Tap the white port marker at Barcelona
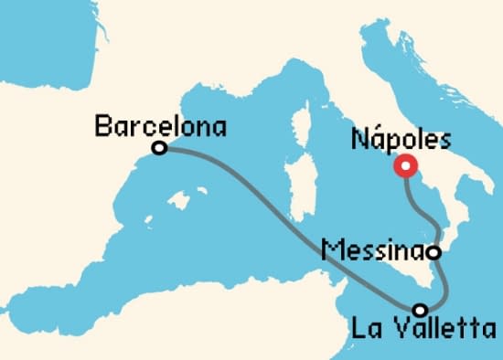(x=160, y=147)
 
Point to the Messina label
(x=375, y=249)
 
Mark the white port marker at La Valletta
(x=421, y=309)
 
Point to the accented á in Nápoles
(x=375, y=140)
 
